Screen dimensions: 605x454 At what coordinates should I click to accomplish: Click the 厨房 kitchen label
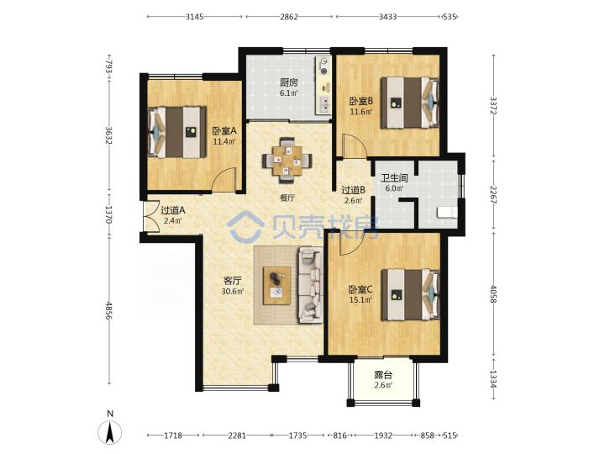(288, 82)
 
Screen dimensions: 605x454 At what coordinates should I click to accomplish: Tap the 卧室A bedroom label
(224, 131)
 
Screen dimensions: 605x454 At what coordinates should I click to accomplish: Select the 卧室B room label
(361, 101)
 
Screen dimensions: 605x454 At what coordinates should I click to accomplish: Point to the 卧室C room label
(360, 289)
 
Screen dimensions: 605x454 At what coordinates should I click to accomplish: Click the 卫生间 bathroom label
(394, 178)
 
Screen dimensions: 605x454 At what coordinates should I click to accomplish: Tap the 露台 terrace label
(383, 375)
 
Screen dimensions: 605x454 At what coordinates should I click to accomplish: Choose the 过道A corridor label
(173, 210)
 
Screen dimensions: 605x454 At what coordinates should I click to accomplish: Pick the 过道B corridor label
(354, 190)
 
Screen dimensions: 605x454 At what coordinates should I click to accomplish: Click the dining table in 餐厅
(287, 160)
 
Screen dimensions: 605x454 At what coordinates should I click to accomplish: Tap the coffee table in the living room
(276, 286)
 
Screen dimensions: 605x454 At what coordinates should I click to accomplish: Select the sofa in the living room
(311, 285)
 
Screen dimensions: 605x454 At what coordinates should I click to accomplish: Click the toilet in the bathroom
(447, 213)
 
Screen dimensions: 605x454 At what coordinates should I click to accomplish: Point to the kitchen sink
(324, 104)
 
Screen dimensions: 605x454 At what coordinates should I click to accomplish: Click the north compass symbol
(110, 432)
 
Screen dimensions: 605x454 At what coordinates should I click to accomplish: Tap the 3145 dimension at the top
(194, 17)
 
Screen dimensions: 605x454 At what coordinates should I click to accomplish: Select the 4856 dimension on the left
(108, 310)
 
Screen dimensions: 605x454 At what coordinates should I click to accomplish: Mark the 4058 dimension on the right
(493, 293)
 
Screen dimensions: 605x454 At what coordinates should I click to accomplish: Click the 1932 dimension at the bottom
(383, 436)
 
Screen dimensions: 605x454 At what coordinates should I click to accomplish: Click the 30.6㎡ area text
(233, 291)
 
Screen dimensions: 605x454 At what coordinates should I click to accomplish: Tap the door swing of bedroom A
(224, 180)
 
